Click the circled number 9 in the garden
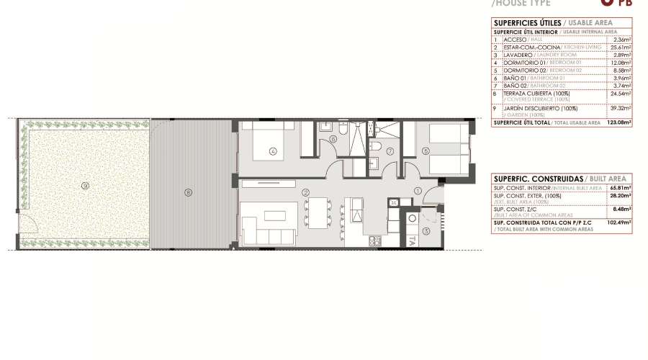coord(85,186)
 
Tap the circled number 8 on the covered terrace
coord(189,192)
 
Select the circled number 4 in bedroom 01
coord(273,151)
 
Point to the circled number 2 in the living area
coord(305,192)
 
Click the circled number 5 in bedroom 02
coord(426,151)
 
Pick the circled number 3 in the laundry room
coord(426,230)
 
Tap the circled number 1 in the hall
coord(418,191)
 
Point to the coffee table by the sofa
coord(275,215)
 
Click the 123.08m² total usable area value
coord(618,122)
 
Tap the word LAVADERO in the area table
coord(518,55)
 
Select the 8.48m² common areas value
coord(621,210)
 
